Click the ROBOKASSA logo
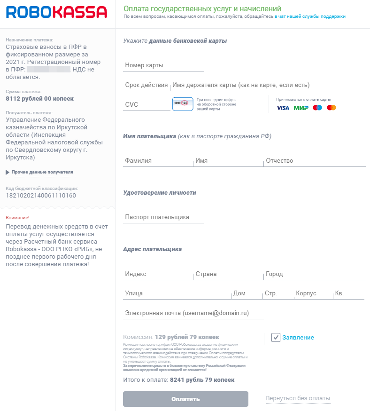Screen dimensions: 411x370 coord(57,12)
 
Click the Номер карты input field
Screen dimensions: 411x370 coord(164,65)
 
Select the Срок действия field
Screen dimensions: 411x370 coord(146,85)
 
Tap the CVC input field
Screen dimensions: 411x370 coord(146,104)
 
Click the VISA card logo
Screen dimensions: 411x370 coord(283,108)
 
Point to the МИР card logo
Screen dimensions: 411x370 coord(301,108)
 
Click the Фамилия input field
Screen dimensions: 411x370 coord(158,161)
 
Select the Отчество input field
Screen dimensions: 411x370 coord(314,161)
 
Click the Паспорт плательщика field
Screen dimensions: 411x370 coord(164,217)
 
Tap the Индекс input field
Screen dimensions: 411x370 coord(158,274)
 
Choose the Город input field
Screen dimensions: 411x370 coord(314,274)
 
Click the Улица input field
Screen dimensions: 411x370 coord(177,293)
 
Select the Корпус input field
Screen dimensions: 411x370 coord(313,293)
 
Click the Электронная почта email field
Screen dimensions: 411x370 coord(193,313)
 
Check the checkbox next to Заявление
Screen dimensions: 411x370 coord(276,338)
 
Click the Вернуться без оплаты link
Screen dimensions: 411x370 coord(298,398)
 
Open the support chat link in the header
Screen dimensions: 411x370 coord(312,16)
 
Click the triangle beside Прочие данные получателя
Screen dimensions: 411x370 coord(8,172)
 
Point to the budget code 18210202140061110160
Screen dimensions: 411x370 coord(41,195)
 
